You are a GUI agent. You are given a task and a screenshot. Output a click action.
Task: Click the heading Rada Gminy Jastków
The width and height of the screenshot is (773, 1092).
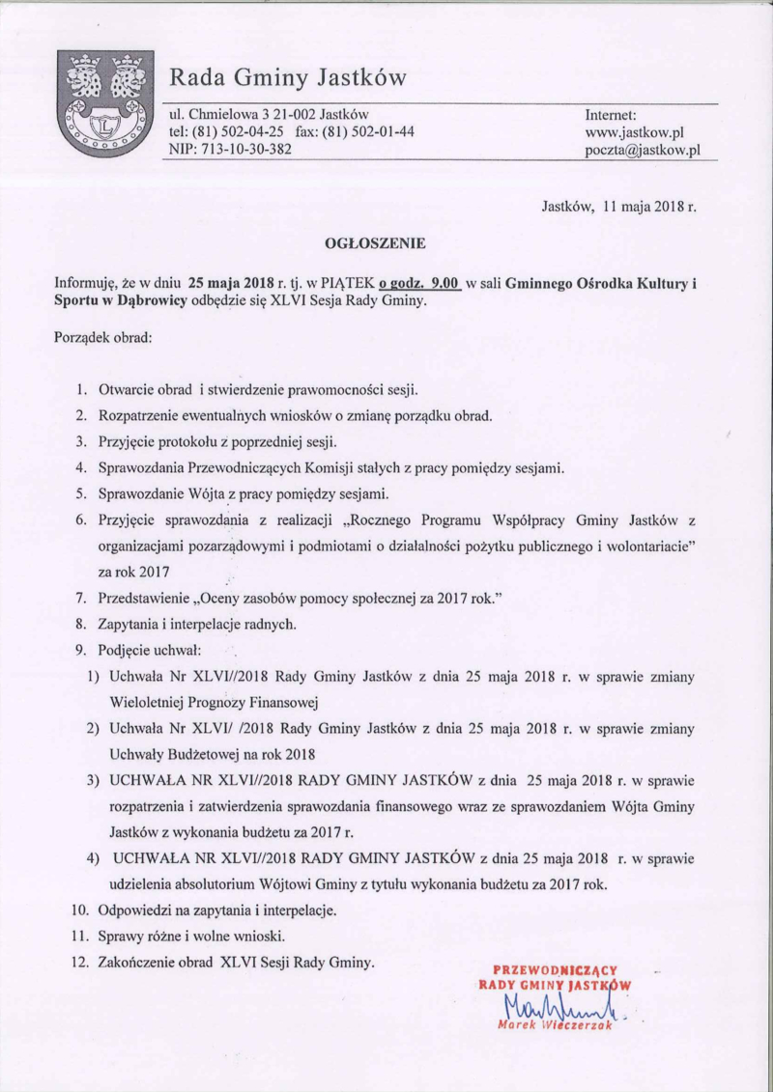[288, 76]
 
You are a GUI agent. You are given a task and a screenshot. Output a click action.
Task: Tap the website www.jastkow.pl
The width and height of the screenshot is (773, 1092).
[635, 132]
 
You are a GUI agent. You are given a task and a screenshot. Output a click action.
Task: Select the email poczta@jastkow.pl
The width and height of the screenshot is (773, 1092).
[642, 151]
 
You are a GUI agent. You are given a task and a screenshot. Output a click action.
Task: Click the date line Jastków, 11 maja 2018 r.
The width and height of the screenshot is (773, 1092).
[618, 206]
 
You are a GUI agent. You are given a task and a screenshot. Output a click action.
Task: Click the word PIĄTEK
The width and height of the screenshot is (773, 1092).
[346, 284]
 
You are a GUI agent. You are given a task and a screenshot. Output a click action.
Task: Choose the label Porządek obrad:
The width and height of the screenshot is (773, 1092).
[103, 339]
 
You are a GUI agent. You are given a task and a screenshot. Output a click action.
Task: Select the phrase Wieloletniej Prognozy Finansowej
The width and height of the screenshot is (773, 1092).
[215, 702]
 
